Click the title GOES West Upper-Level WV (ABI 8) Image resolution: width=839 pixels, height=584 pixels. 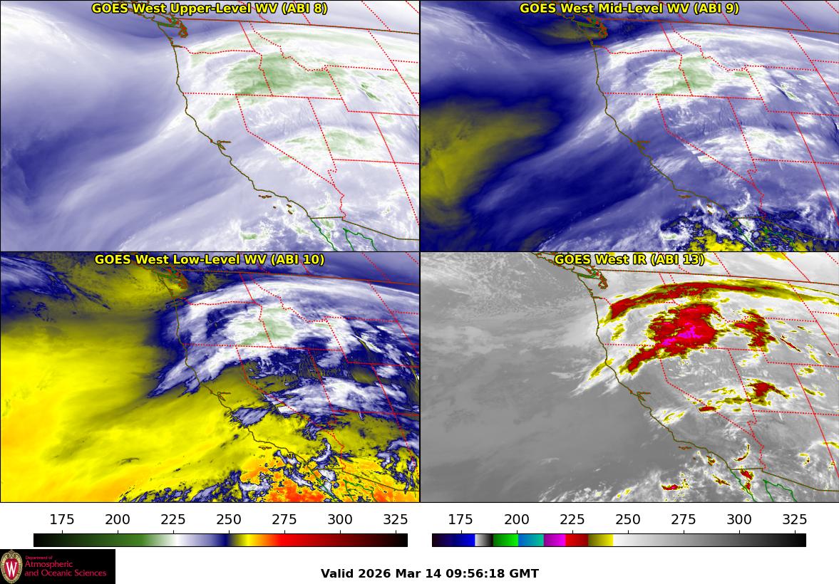pos(210,9)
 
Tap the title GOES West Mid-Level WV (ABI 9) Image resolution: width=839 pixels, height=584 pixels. pos(629,9)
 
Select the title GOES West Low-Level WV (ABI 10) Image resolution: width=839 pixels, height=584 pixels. pos(210,260)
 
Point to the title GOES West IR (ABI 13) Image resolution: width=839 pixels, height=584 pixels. pos(629,260)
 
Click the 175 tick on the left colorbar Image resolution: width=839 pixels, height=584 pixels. pos(62,520)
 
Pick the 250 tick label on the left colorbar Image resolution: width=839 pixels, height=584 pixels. pos(229,520)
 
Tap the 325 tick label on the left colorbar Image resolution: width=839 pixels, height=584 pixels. pos(396,520)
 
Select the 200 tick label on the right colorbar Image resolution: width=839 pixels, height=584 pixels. pos(516,520)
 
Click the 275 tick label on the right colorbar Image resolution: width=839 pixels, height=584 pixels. pos(684,520)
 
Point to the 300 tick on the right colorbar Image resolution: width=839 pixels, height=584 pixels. pos(739,520)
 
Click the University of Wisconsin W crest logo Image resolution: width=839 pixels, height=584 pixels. pos(12,567)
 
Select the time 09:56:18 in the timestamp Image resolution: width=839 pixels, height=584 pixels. pos(476,573)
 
